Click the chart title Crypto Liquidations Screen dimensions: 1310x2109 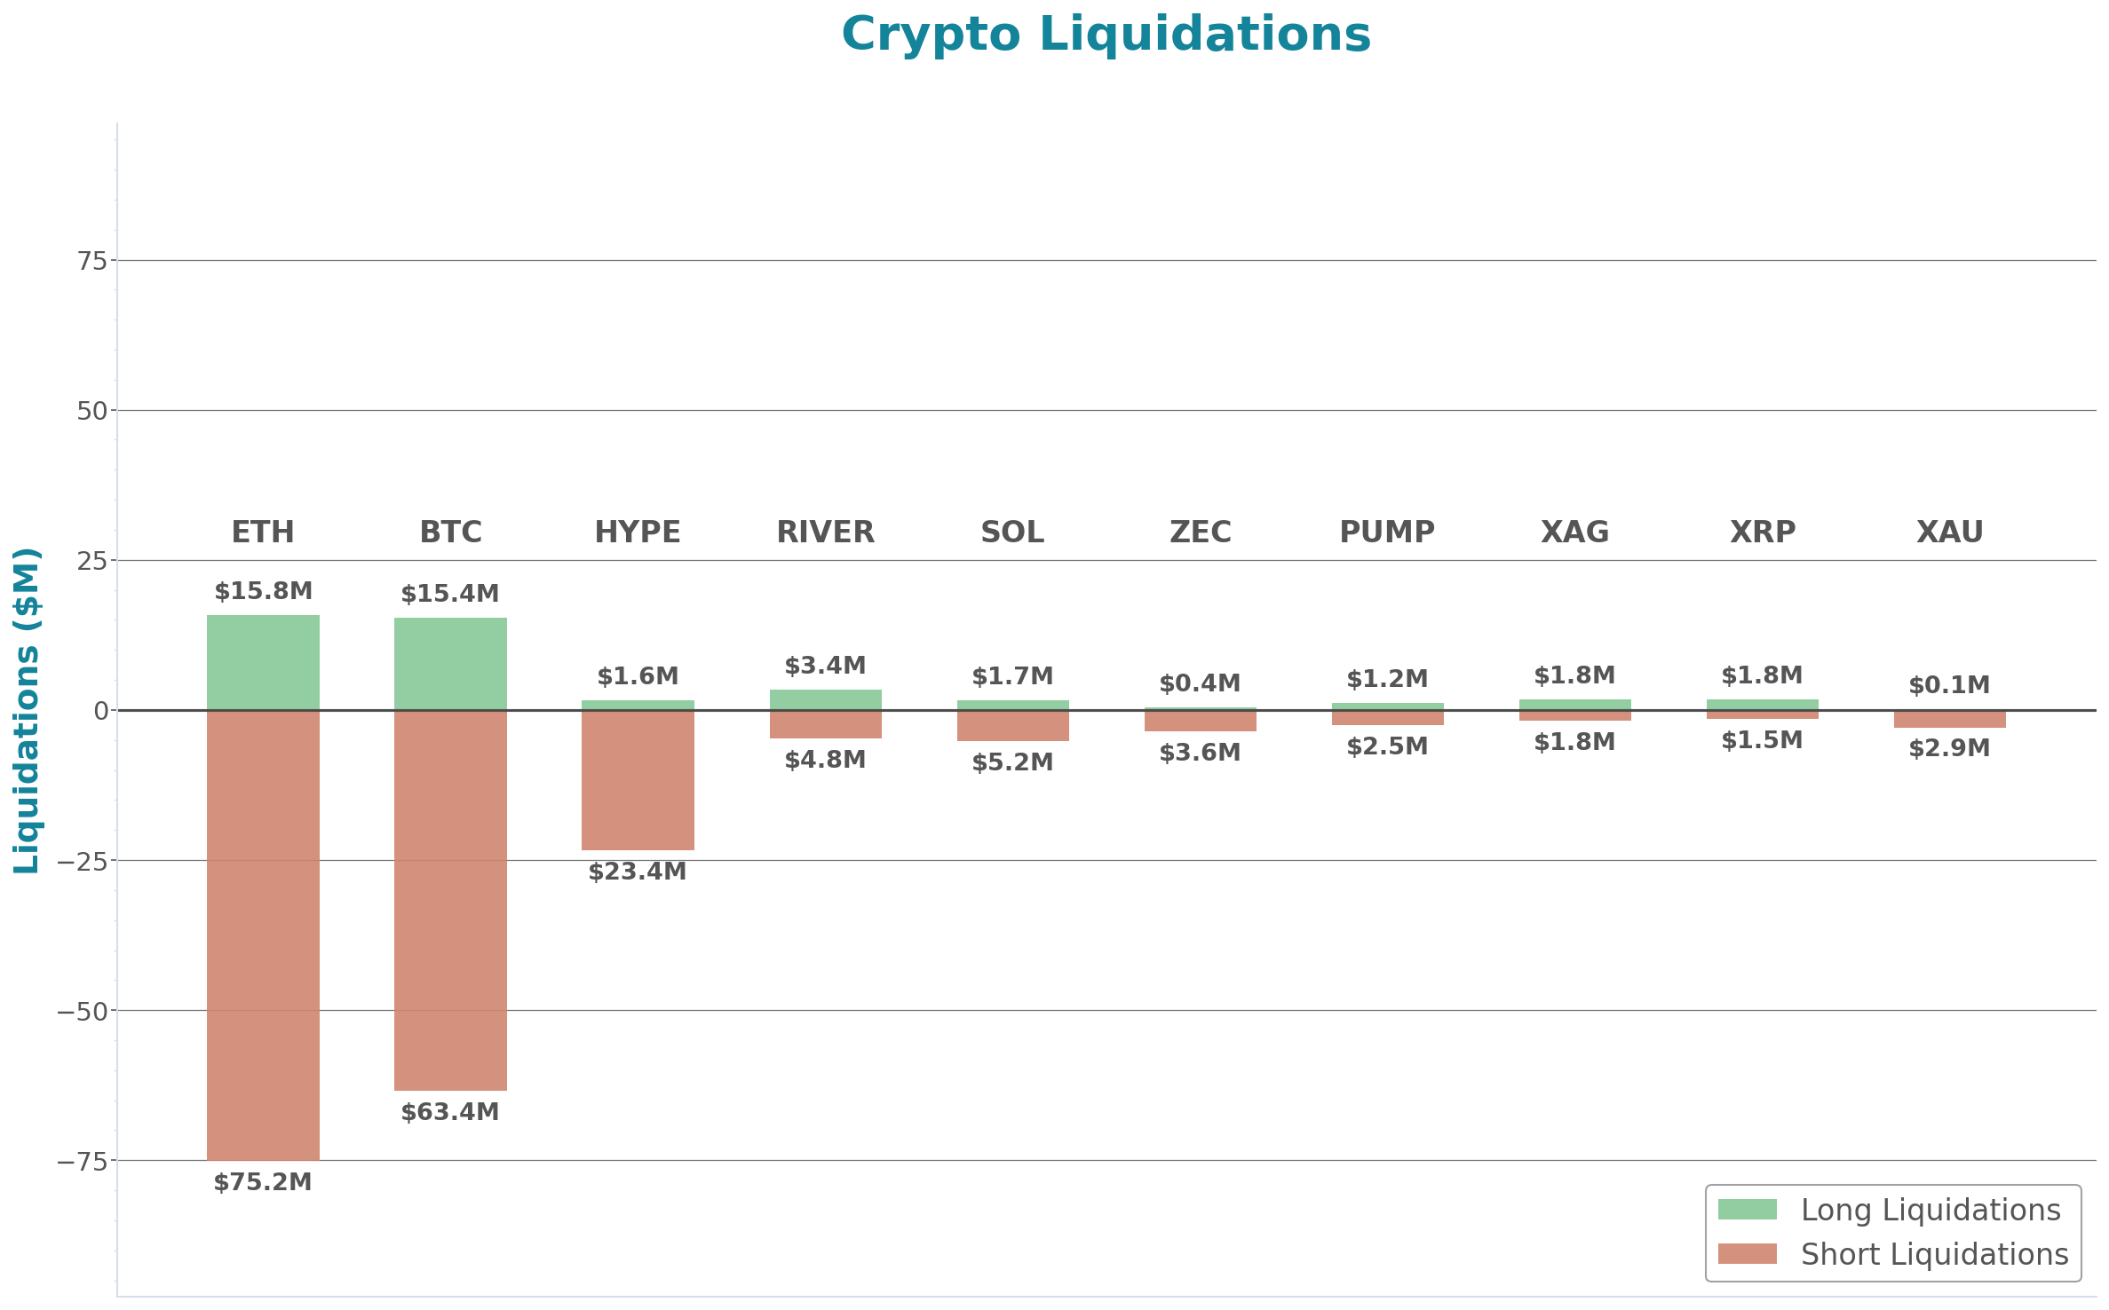point(1106,36)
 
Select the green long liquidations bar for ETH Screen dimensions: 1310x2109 point(263,662)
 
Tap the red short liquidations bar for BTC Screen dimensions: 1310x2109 point(450,900)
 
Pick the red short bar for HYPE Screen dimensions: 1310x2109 point(638,780)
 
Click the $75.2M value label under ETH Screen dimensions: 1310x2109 point(263,1182)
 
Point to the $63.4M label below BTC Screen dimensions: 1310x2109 point(450,1112)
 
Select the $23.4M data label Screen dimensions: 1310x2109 point(638,872)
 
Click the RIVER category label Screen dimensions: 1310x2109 point(825,532)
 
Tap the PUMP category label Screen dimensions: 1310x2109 point(1387,532)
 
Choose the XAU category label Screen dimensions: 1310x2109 point(1949,532)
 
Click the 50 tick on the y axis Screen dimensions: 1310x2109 point(91,411)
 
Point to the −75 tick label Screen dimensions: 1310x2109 point(82,1162)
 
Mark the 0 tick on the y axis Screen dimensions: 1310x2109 point(100,711)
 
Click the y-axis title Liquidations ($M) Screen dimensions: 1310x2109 point(27,710)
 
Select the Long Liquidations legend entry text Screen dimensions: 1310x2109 point(1930,1210)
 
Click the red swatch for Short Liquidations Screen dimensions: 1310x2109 point(1747,1253)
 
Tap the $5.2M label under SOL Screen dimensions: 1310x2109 point(1012,762)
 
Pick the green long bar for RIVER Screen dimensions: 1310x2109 point(825,699)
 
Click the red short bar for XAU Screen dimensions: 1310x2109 point(1949,719)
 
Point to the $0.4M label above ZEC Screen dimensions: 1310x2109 point(1200,683)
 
